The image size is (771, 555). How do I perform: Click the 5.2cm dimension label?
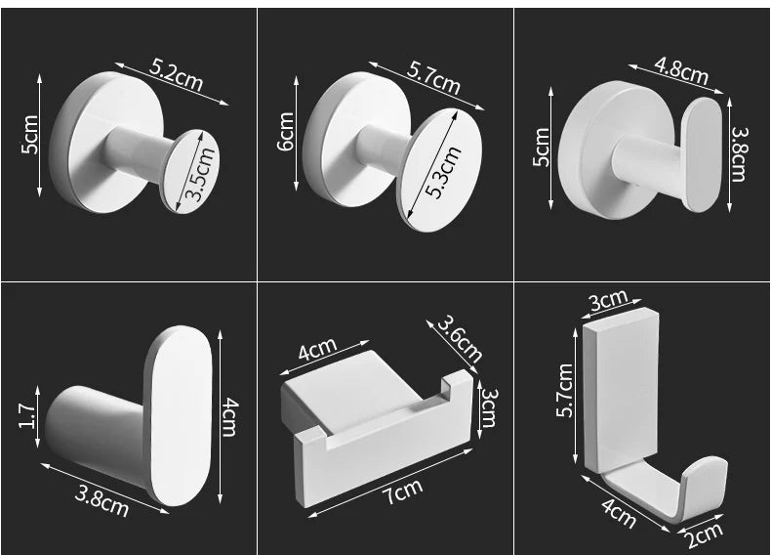pos(176,75)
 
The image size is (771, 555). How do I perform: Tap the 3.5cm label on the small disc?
pos(200,174)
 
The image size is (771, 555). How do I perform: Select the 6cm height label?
pos(286,132)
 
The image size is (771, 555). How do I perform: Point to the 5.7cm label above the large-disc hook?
pos(433,78)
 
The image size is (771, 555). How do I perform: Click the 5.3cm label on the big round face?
pos(443,171)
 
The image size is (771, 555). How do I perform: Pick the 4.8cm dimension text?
pos(681,69)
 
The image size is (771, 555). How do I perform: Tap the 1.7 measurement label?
pos(27,415)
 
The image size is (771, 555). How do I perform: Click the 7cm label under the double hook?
pos(403,491)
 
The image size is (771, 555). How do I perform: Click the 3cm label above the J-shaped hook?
pos(609,300)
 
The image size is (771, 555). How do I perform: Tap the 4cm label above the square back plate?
pos(317,348)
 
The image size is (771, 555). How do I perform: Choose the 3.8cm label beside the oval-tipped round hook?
pos(739,154)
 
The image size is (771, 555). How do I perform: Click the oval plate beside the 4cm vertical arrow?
pos(179,414)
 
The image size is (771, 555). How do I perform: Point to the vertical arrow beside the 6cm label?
pos(296,133)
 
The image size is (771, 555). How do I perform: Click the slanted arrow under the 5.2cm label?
pos(172,84)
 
